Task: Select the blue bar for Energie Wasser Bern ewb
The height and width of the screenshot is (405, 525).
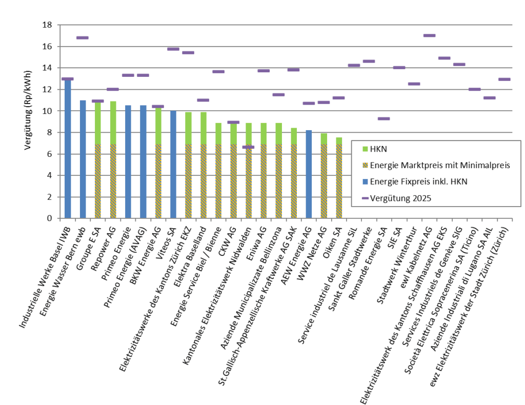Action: click(x=83, y=159)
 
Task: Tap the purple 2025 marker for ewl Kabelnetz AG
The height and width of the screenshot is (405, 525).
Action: click(x=429, y=35)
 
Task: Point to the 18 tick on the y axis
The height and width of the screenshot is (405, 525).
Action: click(x=47, y=25)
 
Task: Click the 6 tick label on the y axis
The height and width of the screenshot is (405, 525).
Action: click(x=49, y=154)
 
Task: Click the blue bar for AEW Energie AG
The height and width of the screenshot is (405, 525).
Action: click(x=309, y=174)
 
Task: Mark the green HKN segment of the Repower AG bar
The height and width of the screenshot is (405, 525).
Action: click(x=113, y=123)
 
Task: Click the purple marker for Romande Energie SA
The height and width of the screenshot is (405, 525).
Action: click(x=383, y=118)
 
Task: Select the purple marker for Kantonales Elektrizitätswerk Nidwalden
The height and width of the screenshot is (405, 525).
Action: click(x=248, y=147)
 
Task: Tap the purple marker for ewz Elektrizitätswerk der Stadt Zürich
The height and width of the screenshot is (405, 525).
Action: click(x=504, y=79)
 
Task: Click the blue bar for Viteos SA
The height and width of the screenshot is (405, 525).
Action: click(x=173, y=164)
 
